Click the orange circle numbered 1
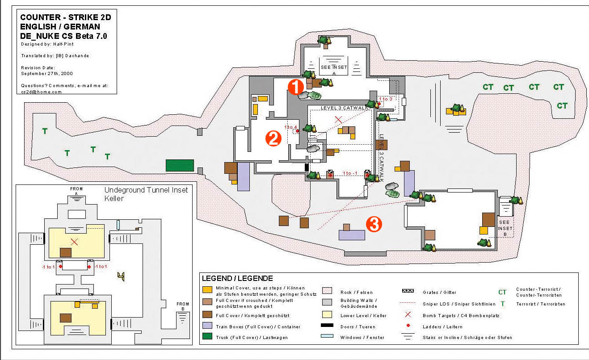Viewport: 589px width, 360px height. pos(295,88)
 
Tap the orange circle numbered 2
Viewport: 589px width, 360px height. pos(273,138)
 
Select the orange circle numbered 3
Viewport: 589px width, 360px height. pos(374,224)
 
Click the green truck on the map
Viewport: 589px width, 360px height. pos(180,165)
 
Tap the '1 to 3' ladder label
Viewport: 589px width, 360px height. pos(385,99)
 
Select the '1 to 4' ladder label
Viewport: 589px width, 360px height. pos(290,127)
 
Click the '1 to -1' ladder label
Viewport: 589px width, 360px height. pos(350,173)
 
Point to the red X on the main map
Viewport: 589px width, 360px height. pos(338,119)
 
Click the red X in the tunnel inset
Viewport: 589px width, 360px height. pos(75,242)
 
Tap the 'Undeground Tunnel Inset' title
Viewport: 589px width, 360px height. pos(146,190)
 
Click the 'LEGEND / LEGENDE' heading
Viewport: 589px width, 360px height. pos(237,278)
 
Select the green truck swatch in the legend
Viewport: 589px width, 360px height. pos(207,337)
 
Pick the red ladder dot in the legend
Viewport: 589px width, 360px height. pos(408,327)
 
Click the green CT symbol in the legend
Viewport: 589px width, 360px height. pos(502,292)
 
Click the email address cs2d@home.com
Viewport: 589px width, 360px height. pos(41,92)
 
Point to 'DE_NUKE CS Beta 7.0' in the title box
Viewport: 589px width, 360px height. pos(64,36)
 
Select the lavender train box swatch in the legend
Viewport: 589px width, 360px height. pos(207,326)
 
